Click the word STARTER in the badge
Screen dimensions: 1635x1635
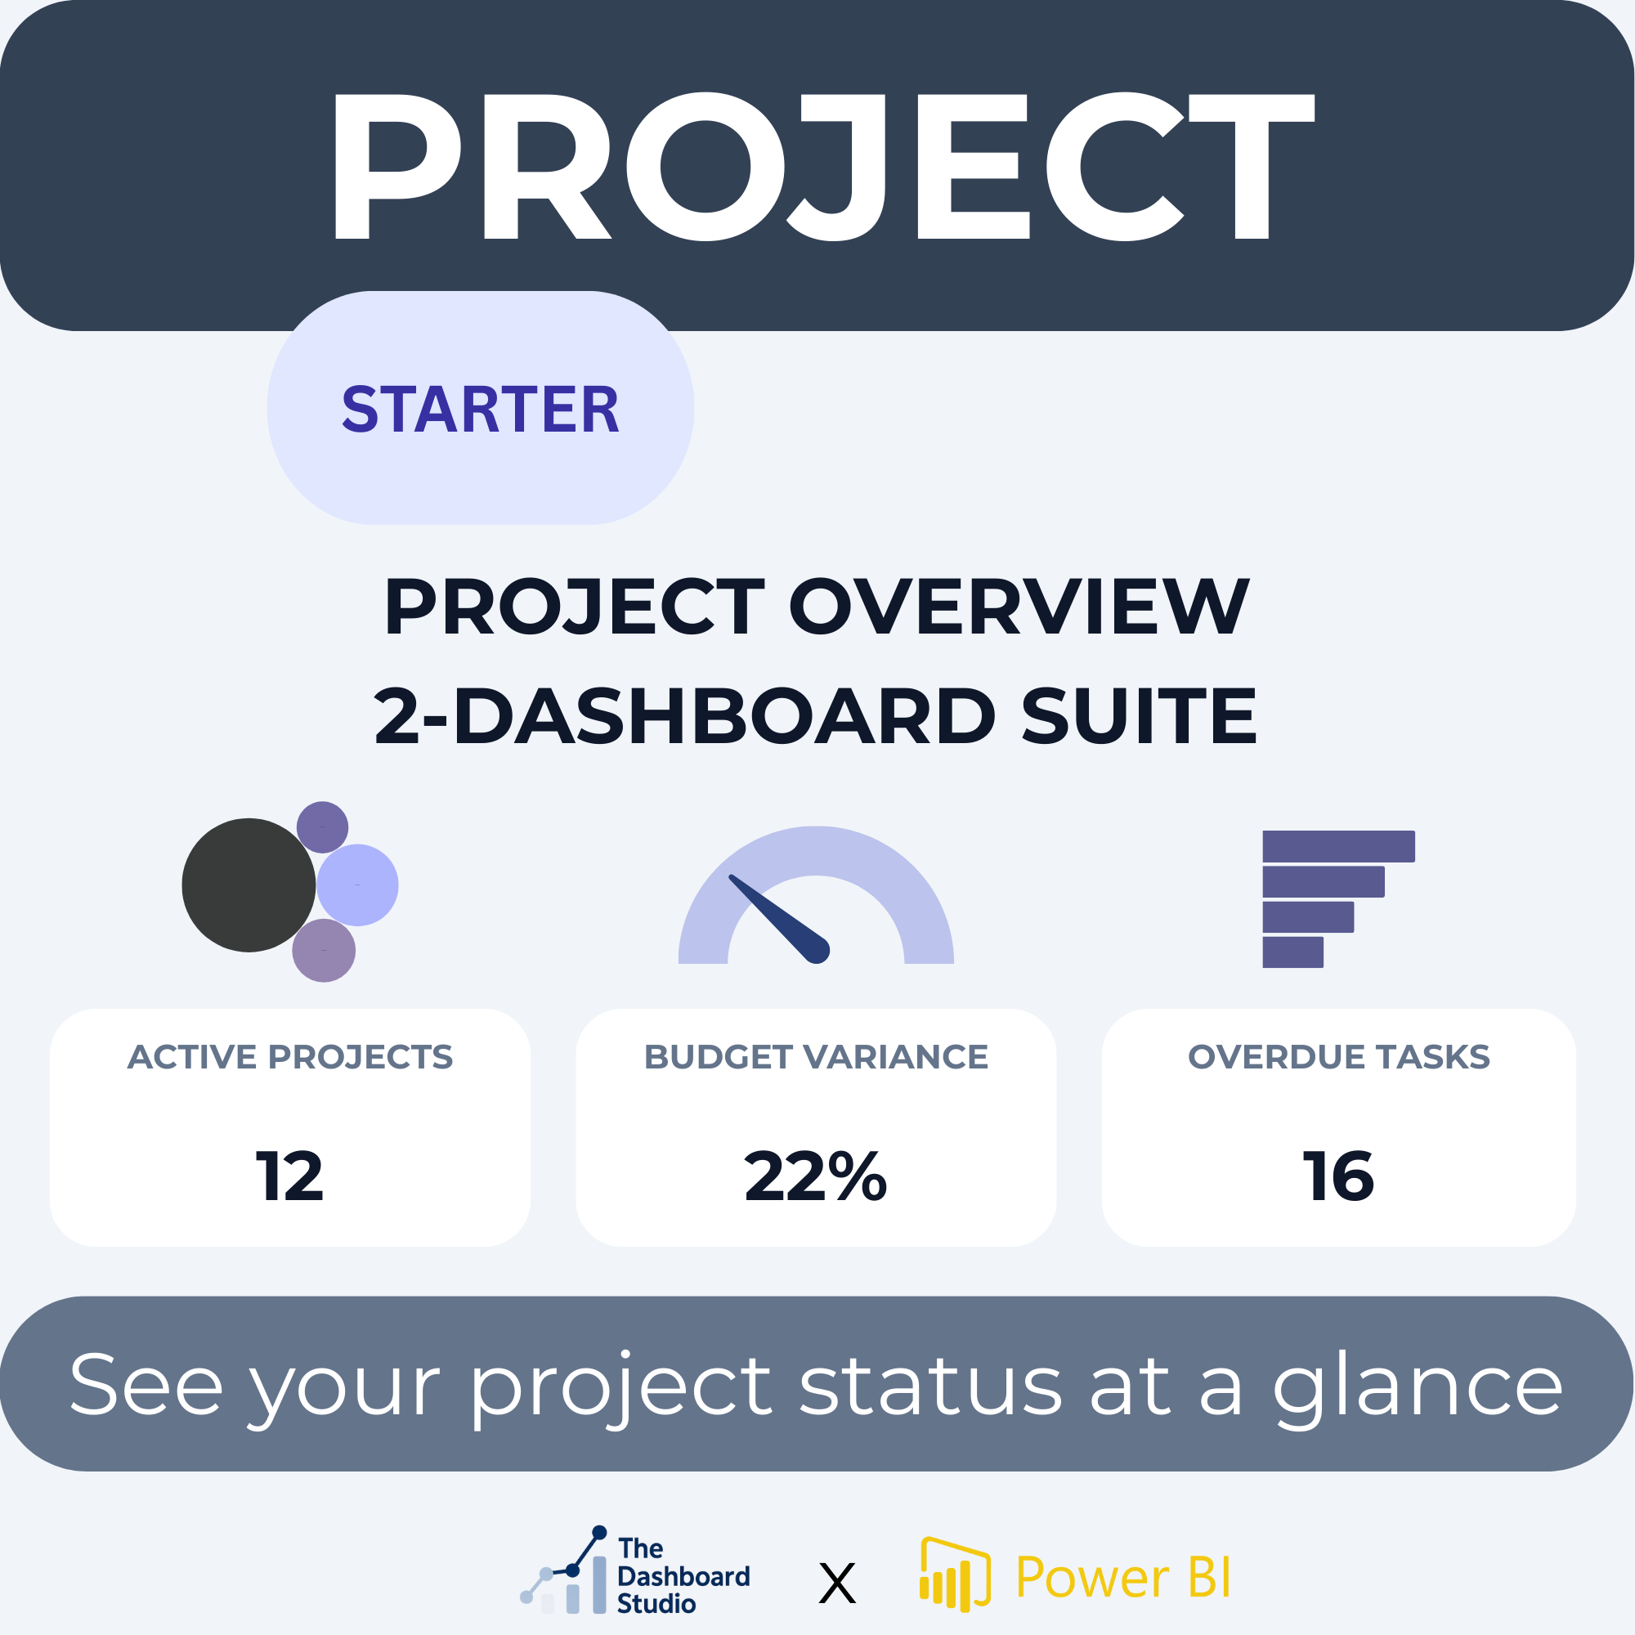(480, 410)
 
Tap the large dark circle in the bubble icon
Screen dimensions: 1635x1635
(249, 885)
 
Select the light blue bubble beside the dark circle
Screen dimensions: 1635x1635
(357, 885)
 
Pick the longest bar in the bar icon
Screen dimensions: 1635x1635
(1338, 846)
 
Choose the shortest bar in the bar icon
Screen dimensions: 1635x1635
(1292, 952)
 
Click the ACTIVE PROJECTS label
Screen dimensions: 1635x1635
(290, 1057)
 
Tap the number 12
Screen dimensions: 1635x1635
(290, 1176)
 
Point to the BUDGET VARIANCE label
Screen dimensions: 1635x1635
(816, 1057)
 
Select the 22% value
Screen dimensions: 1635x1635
(816, 1176)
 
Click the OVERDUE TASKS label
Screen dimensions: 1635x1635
(1339, 1057)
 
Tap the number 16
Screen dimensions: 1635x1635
(1339, 1176)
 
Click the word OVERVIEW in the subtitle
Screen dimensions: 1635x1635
(1019, 607)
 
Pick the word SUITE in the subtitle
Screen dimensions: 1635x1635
(1139, 716)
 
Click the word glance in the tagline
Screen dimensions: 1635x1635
(1418, 1386)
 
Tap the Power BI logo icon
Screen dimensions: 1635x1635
(955, 1575)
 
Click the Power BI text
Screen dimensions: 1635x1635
(1123, 1577)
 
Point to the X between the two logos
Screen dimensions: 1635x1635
(838, 1583)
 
